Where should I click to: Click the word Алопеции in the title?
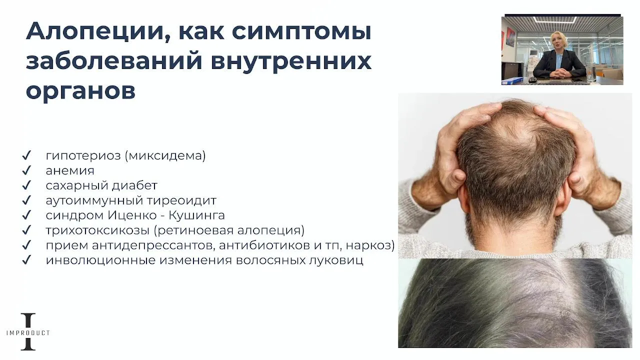pos(94,31)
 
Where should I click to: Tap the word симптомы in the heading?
pos(301,31)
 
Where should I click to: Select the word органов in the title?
pos(80,91)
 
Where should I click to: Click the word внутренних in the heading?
pos(291,61)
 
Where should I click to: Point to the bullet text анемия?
pos(70,170)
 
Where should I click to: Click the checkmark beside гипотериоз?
pos(26,155)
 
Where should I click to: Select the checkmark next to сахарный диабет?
pos(26,185)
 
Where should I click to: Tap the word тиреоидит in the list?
pos(181,200)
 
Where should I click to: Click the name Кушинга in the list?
pos(196,215)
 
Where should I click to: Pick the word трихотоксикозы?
pos(97,230)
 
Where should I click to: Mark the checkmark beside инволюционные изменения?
pos(26,260)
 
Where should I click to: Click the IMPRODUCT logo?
pos(28,331)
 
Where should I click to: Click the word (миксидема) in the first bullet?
pos(165,155)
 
